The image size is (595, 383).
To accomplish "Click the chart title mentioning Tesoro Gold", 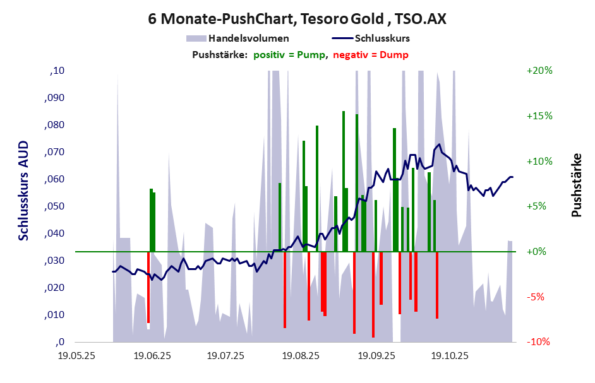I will [297, 19].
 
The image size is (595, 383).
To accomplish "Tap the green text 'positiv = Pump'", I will [290, 55].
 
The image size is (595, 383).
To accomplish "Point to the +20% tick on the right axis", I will [539, 71].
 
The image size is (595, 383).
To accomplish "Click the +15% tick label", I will [539, 116].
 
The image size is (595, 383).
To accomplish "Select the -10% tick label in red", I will [539, 342].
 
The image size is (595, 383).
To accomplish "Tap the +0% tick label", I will [539, 252].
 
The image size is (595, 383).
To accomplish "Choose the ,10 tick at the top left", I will [57, 71].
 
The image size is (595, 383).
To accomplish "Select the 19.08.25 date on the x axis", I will [301, 355].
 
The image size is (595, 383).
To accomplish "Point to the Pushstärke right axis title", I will [576, 186].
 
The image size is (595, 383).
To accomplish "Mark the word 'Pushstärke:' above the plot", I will [219, 55].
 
